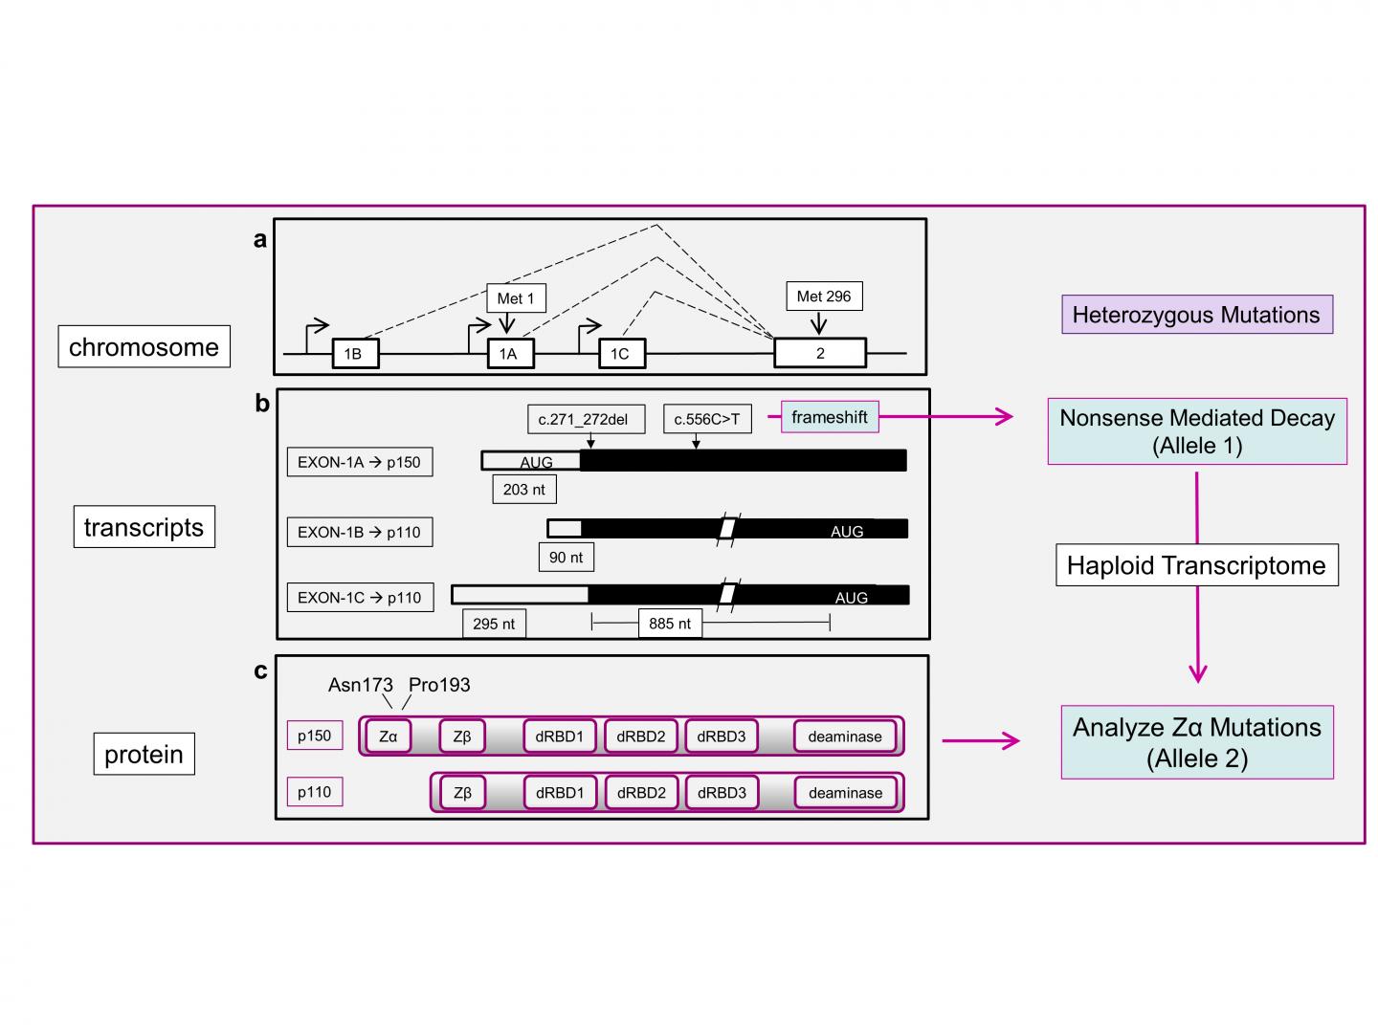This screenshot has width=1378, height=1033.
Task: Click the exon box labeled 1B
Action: [354, 354]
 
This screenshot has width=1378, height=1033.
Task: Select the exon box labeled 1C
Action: [621, 354]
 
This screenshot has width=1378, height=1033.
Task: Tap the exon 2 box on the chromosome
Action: [820, 353]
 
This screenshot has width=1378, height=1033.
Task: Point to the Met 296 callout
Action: [824, 297]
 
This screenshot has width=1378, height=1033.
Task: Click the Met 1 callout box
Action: [516, 298]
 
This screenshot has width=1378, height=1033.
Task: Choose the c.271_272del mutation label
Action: [584, 419]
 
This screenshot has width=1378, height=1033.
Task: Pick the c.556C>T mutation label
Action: [707, 419]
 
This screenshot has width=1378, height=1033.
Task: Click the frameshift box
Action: [830, 417]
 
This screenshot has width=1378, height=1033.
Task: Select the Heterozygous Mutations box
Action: [1196, 315]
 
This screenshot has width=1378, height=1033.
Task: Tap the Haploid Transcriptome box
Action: [1196, 565]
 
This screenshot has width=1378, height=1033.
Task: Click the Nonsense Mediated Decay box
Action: [1197, 431]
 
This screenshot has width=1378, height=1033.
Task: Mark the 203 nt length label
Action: [524, 490]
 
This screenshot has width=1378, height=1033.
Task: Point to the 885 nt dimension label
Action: [670, 624]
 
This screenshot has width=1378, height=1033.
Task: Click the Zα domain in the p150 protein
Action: [389, 736]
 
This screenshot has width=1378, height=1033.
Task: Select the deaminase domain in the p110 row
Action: [845, 793]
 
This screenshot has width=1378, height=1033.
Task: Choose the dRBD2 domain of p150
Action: [641, 736]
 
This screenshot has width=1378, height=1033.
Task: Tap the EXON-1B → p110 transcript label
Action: [359, 532]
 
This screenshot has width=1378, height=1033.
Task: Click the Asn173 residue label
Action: [361, 685]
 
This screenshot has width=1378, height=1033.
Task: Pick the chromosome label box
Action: [144, 347]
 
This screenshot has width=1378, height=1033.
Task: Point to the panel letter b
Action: [262, 404]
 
